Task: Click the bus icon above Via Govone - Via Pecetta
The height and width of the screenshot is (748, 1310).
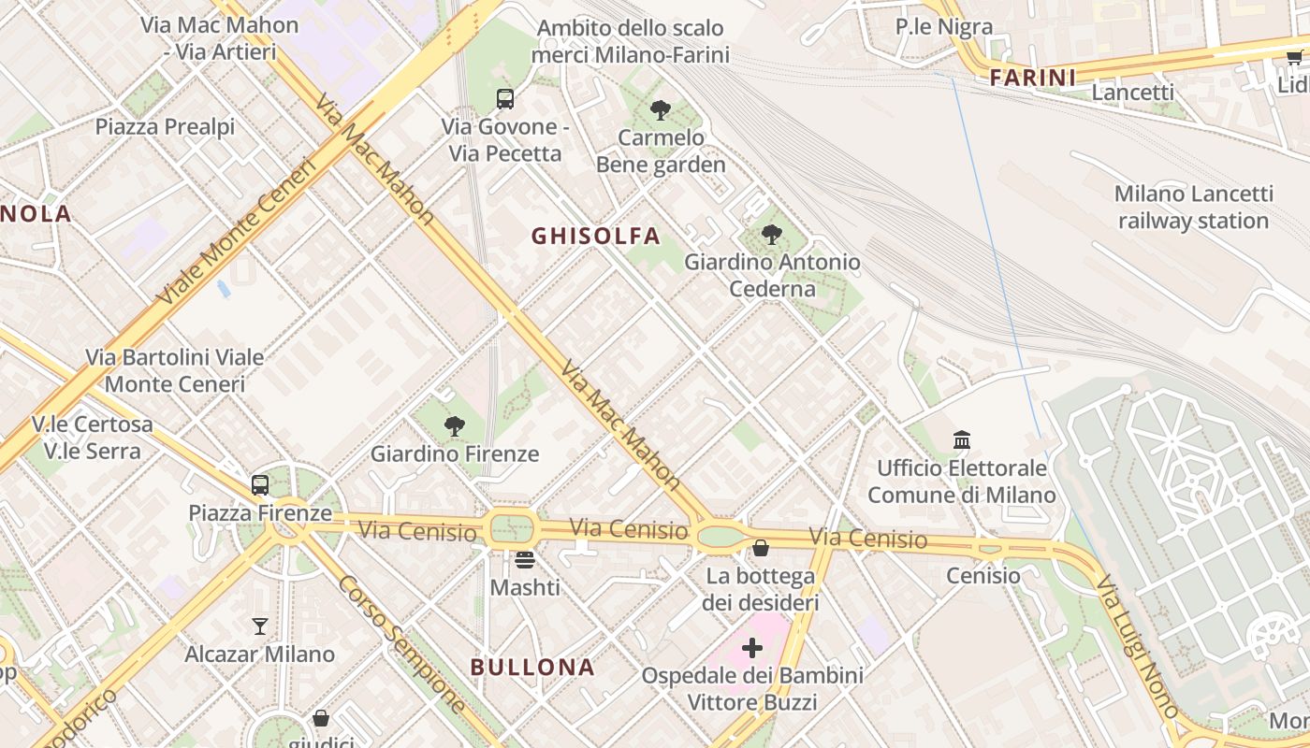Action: click(505, 99)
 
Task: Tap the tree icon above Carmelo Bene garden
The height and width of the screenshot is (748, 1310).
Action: click(661, 110)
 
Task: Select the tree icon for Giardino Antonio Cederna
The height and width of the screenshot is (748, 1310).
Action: click(772, 235)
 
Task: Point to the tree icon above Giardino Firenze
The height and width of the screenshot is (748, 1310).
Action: click(455, 427)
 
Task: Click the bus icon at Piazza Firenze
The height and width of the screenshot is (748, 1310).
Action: click(260, 485)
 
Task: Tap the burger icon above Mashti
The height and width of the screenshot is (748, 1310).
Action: click(525, 560)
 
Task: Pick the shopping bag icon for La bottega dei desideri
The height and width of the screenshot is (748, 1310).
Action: click(761, 548)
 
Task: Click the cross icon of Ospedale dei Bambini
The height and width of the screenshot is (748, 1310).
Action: click(752, 647)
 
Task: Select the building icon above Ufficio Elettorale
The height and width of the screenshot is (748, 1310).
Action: click(962, 439)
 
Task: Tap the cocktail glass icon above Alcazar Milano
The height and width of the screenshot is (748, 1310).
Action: click(260, 626)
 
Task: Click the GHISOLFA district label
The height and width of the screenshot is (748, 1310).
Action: click(596, 236)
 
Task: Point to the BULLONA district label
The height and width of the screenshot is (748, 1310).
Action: click(532, 667)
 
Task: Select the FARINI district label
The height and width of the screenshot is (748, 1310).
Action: click(1033, 78)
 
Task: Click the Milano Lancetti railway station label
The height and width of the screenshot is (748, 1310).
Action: click(1194, 208)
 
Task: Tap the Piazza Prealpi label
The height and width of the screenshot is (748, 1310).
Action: click(166, 126)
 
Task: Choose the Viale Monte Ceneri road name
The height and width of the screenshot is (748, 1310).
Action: click(238, 231)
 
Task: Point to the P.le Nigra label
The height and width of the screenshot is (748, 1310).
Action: click(944, 27)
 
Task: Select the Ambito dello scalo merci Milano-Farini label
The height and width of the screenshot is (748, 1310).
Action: click(631, 41)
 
